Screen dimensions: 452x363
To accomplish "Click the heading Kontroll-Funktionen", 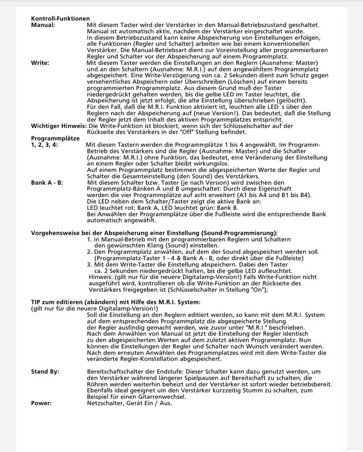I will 60,18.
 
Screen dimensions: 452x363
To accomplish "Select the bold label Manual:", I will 43,24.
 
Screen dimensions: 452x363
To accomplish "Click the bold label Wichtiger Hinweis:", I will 58,126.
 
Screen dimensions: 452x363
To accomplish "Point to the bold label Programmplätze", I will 54,138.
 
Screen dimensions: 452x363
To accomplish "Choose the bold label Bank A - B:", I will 47,182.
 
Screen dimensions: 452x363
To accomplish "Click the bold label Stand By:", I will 45,371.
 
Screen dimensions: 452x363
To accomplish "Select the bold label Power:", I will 41,403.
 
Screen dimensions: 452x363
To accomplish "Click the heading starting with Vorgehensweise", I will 154,233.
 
